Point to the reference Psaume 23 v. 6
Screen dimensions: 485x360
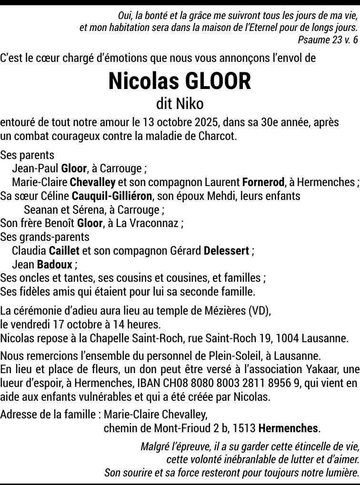pos(328,40)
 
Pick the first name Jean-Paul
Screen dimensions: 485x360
pos(35,168)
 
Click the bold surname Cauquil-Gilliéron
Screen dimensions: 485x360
pos(111,196)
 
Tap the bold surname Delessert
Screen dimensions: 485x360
pos(226,251)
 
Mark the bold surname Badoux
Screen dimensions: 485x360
pos(54,265)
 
